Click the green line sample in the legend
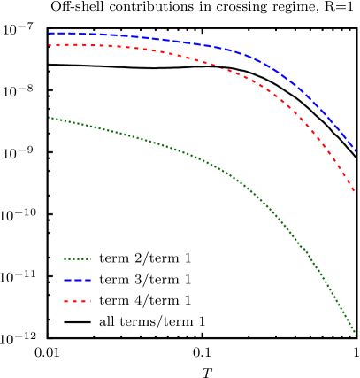77,259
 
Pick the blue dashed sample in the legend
77,280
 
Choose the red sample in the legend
77,301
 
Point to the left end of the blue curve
50,34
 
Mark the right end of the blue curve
356,151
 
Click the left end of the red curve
50,45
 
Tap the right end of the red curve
354,189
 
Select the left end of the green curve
50,118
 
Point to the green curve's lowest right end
356,335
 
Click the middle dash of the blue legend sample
77,280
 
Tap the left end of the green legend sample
65,259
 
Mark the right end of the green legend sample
90,259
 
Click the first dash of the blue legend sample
67,280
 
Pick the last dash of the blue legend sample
88,280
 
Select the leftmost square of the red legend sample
65,301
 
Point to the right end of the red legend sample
89,301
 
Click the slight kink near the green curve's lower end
306,250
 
